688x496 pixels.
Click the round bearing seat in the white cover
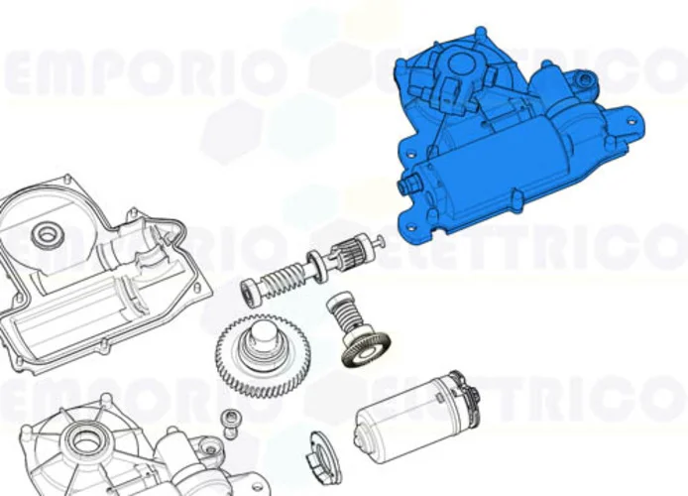click(x=44, y=235)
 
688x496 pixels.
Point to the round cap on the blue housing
click(x=459, y=64)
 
